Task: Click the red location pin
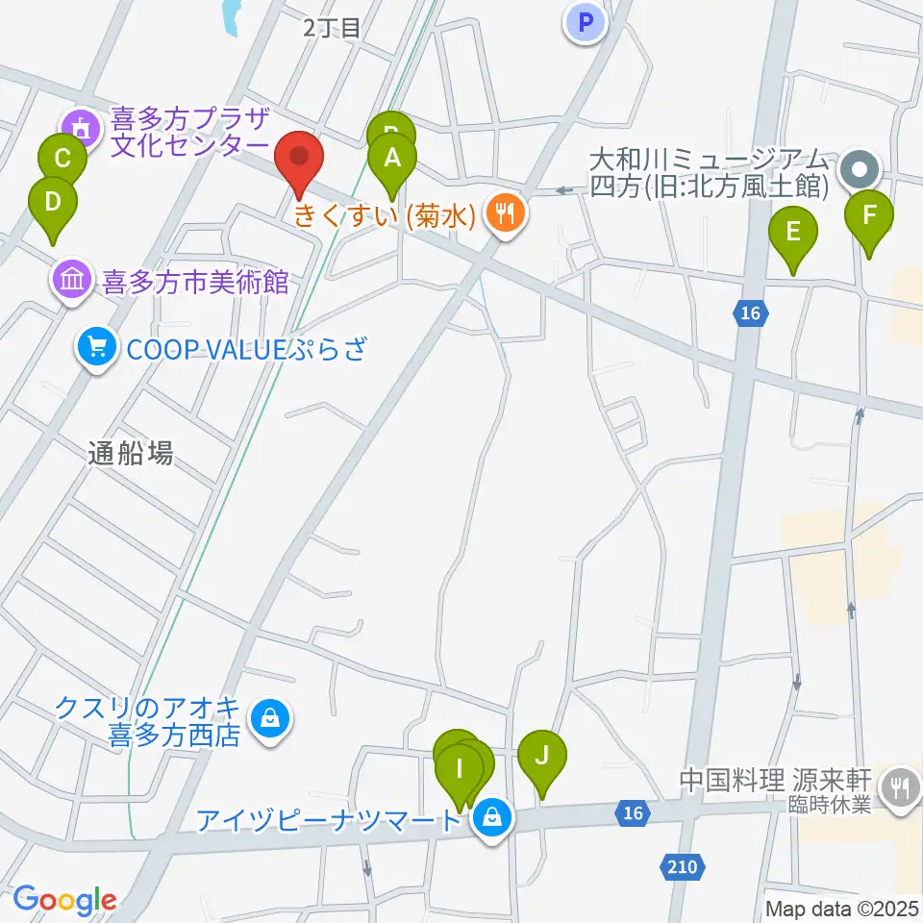click(x=299, y=160)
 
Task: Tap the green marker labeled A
click(x=392, y=160)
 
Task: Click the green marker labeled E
click(x=793, y=234)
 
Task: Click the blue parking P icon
click(x=586, y=22)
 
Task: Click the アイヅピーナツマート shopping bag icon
click(x=491, y=820)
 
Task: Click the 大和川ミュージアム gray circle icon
click(x=858, y=172)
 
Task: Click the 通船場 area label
click(x=131, y=455)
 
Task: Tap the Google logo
click(x=64, y=900)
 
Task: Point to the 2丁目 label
click(x=332, y=27)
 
